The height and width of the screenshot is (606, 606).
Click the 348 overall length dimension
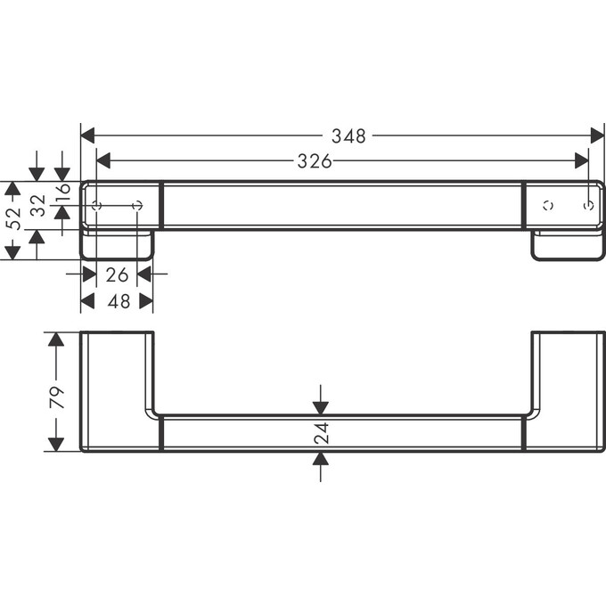click(x=348, y=136)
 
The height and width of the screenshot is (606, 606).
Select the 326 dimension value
click(x=314, y=161)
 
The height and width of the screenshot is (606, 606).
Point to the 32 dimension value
click(x=37, y=206)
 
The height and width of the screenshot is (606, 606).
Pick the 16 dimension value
click(x=62, y=192)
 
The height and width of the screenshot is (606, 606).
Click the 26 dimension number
click(x=117, y=274)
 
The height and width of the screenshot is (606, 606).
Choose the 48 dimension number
click(x=118, y=301)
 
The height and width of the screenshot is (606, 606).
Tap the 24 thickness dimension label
click(x=322, y=433)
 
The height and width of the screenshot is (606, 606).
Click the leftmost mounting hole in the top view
click(x=97, y=206)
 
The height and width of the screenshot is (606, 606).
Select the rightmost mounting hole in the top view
click(x=588, y=206)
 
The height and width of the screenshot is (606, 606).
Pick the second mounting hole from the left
click(x=137, y=206)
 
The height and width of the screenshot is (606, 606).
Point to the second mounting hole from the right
click(x=548, y=206)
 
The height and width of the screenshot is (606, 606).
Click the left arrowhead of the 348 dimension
click(x=87, y=135)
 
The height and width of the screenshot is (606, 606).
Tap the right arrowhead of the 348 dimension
click(x=598, y=135)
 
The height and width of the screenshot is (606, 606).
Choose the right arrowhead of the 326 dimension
click(x=582, y=160)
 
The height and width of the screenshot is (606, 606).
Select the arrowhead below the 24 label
click(x=322, y=458)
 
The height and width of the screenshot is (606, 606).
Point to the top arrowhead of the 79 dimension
click(x=56, y=340)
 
